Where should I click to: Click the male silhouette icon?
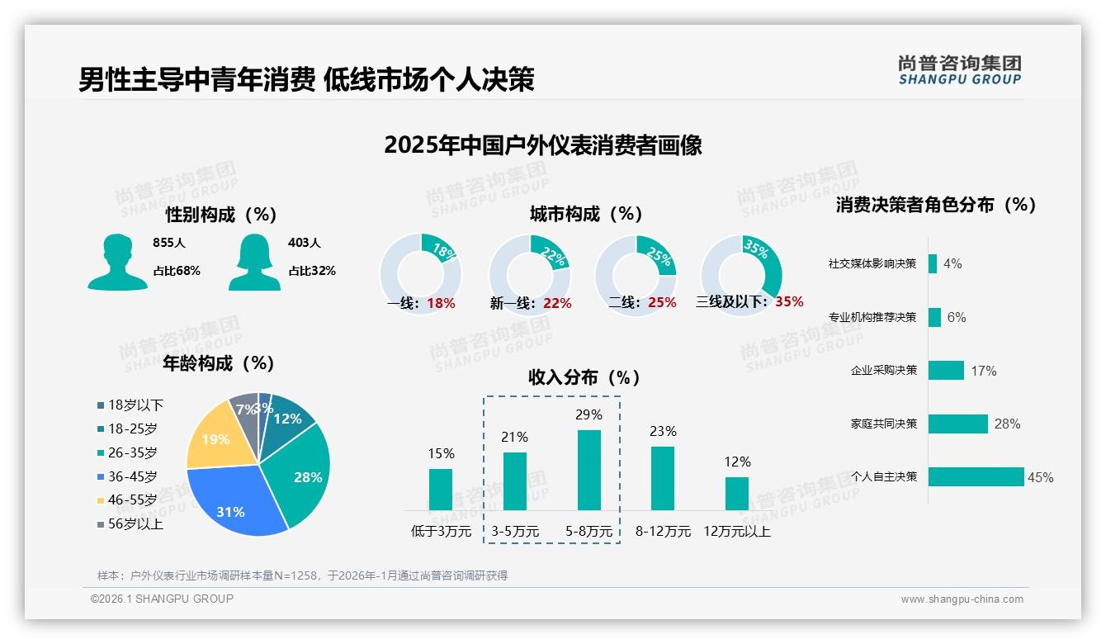point(117,263)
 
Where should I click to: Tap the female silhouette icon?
point(254,263)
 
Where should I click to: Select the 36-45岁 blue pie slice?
point(235,502)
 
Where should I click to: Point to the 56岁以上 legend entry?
point(130,524)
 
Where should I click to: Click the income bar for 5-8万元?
point(589,470)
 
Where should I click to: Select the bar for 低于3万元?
point(441,490)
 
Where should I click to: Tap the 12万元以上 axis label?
point(737,532)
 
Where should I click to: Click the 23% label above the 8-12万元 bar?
point(663,431)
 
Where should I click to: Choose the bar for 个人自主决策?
point(976,476)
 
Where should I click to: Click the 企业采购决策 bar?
point(946,370)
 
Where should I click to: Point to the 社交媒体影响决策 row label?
point(872,264)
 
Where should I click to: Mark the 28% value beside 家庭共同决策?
point(1007,424)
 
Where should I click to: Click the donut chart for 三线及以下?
point(741,274)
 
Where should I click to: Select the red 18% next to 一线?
point(442,303)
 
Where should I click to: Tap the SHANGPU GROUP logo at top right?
point(959,70)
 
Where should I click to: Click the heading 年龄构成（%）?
point(219,363)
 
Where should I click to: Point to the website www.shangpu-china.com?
point(962,599)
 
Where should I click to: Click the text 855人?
point(169,243)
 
